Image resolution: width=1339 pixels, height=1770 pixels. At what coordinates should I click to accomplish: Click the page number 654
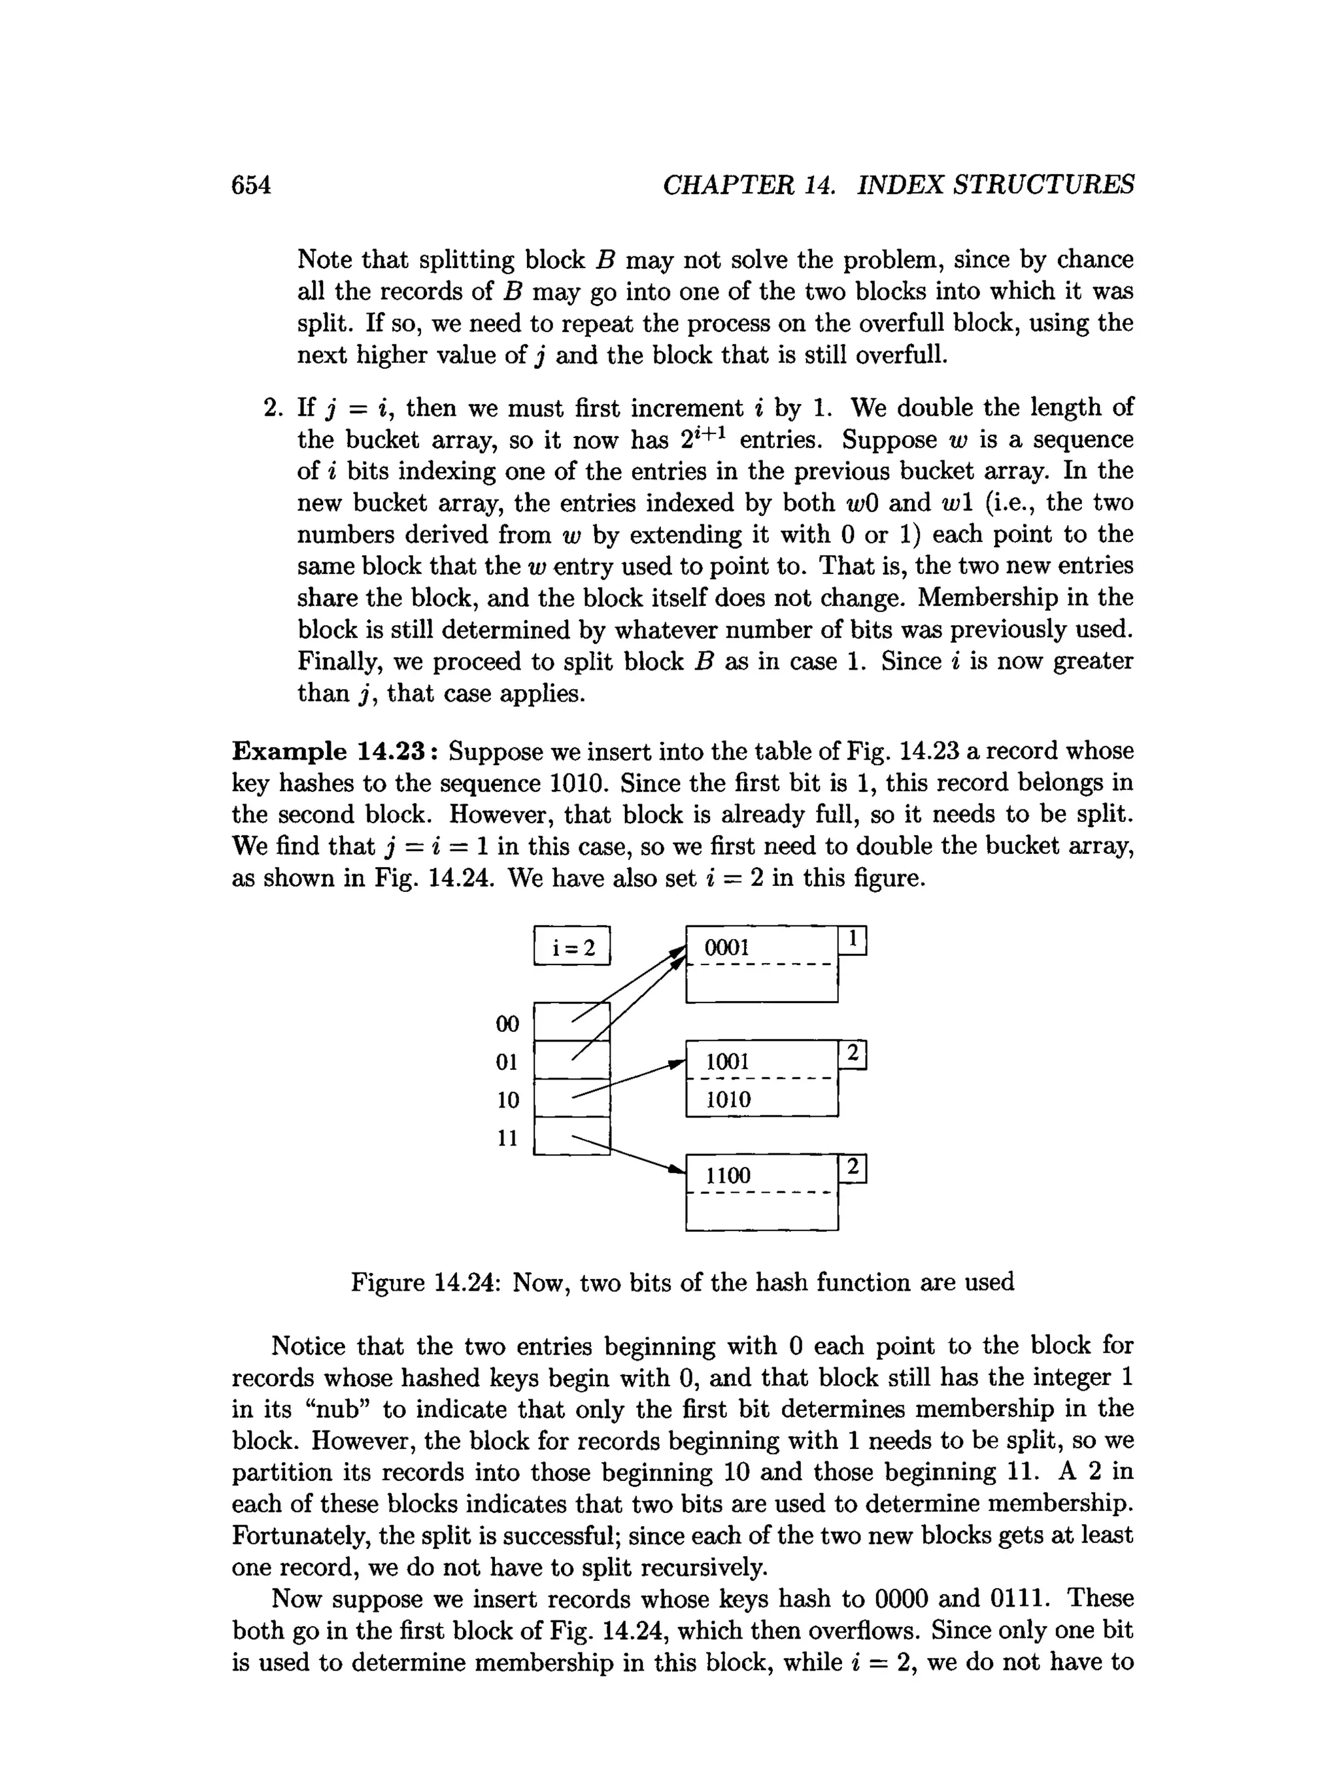pos(251,185)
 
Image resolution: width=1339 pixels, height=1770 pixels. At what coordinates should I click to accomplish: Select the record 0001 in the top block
pos(727,948)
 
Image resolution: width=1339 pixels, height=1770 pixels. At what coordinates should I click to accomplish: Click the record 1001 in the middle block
pos(727,1062)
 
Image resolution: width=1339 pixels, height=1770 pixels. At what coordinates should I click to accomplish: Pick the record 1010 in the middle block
pos(728,1099)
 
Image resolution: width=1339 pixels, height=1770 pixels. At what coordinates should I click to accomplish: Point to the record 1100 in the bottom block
pos(727,1176)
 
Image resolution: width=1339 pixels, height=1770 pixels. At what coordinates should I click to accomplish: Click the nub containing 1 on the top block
pos(853,940)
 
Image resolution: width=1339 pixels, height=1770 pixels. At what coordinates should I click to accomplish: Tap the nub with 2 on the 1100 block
pos(853,1169)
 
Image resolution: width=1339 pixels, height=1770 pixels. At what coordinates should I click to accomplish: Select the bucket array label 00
pos(507,1024)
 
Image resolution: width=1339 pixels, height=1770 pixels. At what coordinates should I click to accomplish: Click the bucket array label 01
pos(507,1062)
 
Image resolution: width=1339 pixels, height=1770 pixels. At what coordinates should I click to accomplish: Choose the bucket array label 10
pos(507,1099)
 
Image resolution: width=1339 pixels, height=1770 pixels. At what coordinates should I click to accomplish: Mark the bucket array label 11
pos(507,1138)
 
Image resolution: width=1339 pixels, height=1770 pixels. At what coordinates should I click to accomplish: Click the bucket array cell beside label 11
pos(571,1136)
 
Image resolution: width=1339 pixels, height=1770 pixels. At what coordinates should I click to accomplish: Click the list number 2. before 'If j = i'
pos(273,408)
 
